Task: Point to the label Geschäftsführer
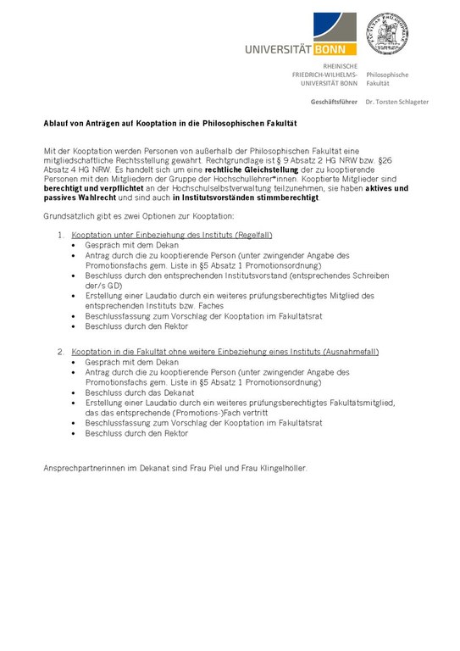click(x=334, y=102)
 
